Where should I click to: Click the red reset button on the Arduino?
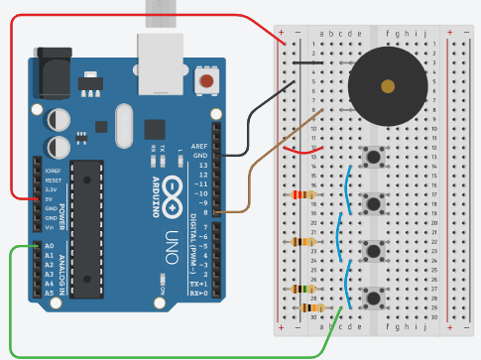tap(207, 80)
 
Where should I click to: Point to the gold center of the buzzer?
tap(388, 86)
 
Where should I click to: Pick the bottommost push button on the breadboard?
tap(375, 297)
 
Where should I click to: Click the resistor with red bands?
tap(303, 194)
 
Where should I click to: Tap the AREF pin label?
tap(199, 146)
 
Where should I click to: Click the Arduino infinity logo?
tap(172, 189)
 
